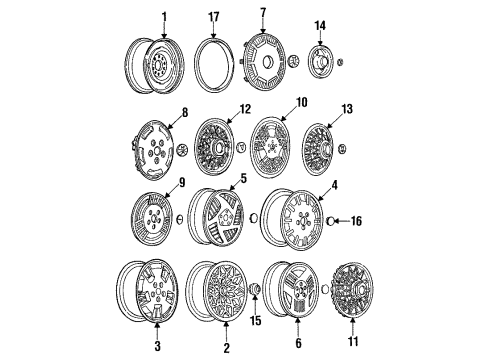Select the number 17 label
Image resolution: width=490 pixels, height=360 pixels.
pyautogui.click(x=213, y=16)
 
